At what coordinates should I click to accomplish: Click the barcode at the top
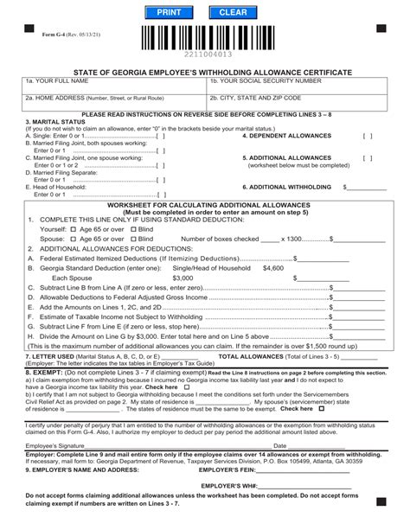205,38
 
